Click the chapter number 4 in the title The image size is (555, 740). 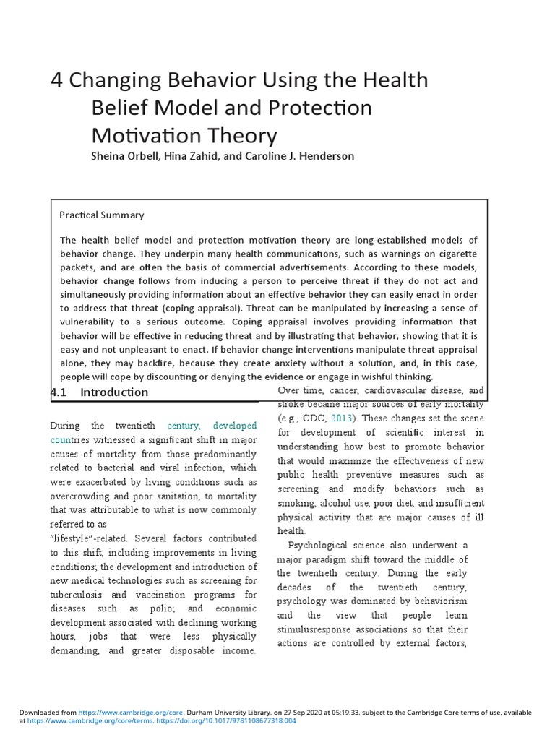[56, 81]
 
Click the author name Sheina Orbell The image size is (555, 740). [126, 157]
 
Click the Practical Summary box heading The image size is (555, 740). [101, 215]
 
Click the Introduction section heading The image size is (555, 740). [114, 392]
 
